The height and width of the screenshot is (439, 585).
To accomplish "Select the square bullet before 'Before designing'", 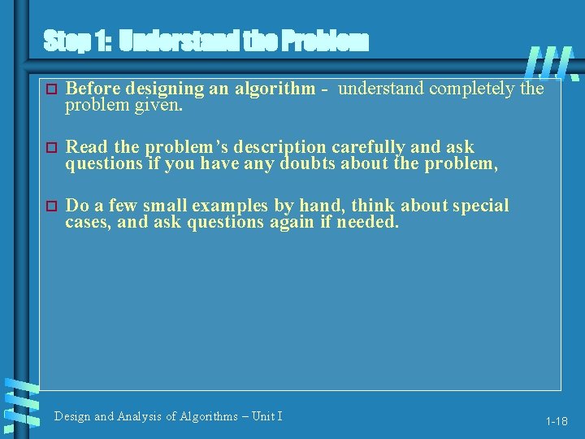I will (50, 89).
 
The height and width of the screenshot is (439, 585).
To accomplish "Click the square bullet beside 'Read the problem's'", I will (50, 147).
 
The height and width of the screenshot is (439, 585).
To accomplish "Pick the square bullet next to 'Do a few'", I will (50, 206).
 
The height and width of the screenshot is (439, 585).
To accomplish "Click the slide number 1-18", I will (557, 421).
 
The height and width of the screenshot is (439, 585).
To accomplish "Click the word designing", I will (145, 89).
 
